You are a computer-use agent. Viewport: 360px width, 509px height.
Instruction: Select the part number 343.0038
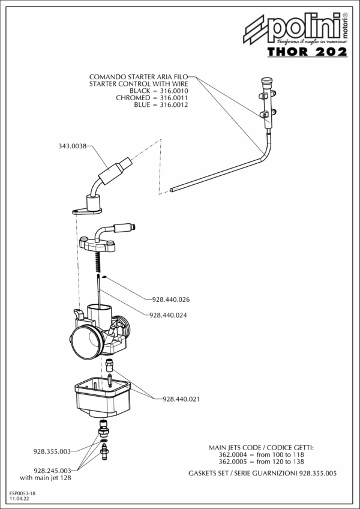tap(73, 146)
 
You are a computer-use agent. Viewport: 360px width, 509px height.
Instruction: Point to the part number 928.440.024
tap(170, 315)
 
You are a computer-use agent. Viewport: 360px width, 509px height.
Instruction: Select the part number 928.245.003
tap(53, 471)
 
